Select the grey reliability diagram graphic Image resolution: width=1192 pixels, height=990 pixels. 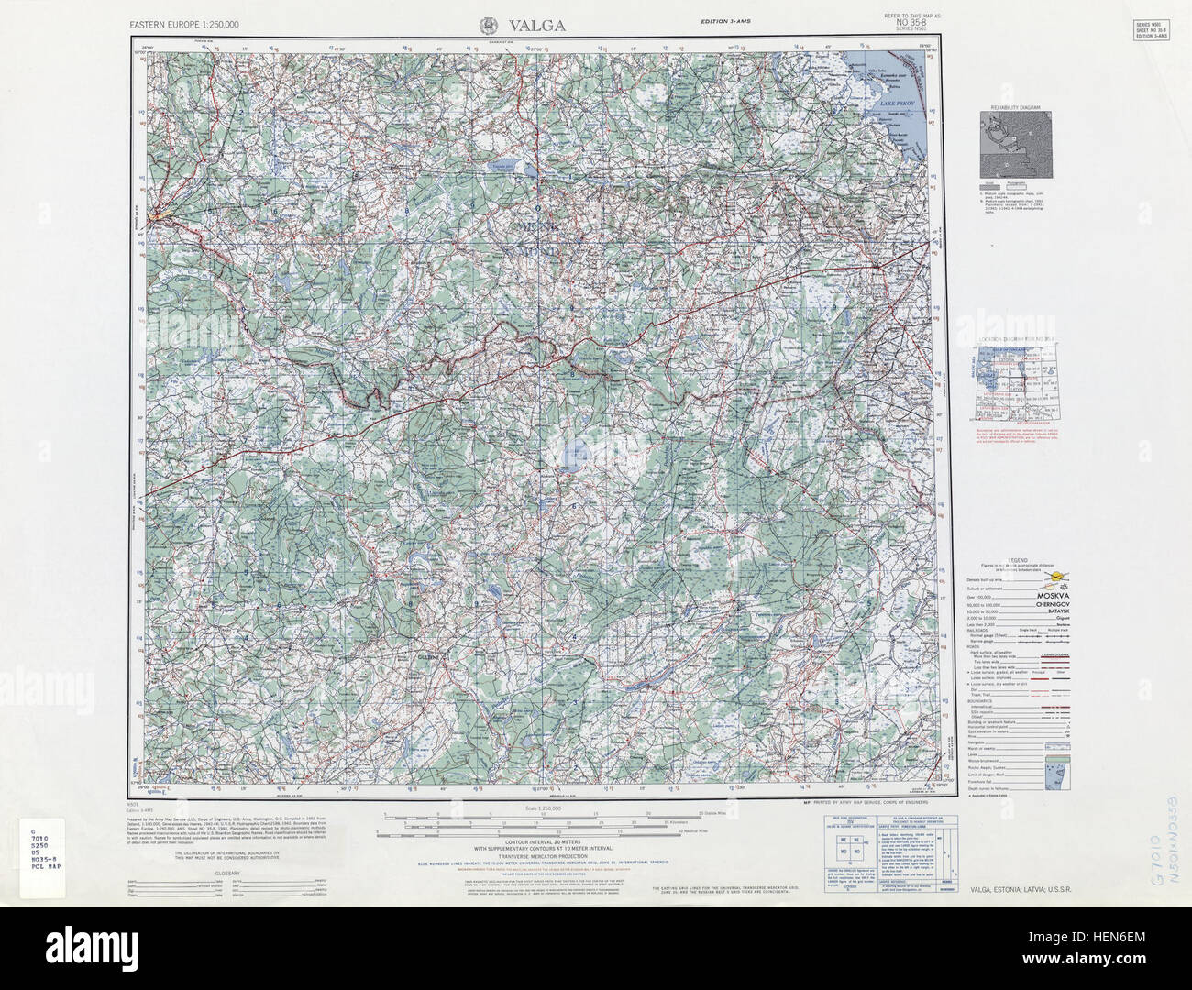1015,147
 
